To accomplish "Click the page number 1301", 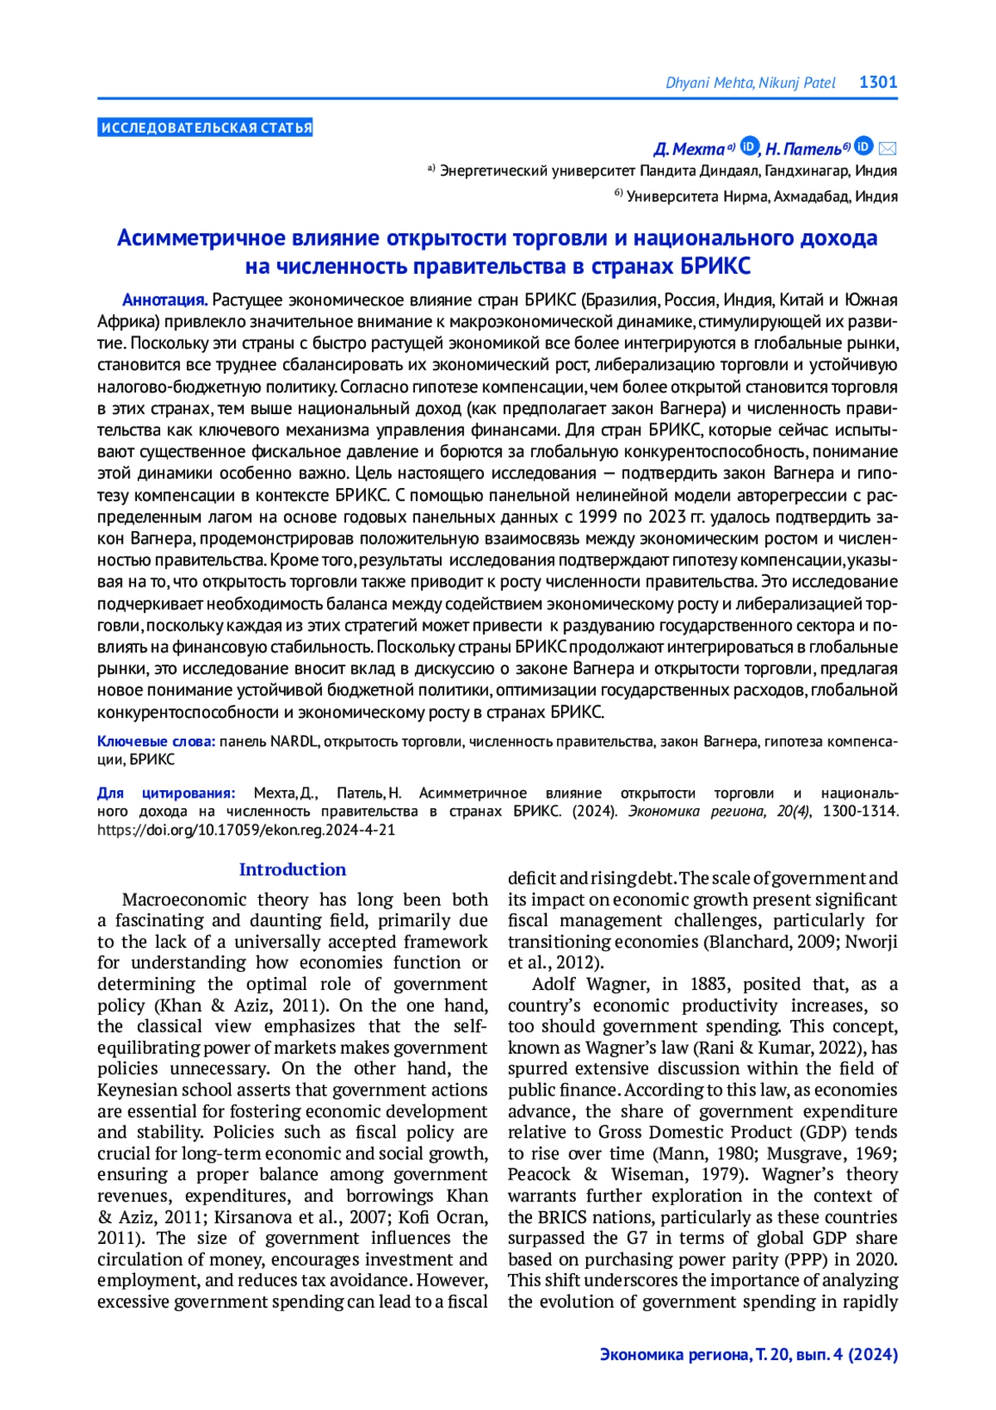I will click(x=878, y=81).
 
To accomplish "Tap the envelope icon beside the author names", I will click(x=887, y=149).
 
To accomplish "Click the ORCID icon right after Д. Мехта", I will click(x=749, y=147).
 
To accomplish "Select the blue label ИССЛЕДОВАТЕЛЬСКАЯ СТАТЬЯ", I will click(x=205, y=128).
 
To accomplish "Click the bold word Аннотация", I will click(x=164, y=300).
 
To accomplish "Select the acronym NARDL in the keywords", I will click(x=294, y=741).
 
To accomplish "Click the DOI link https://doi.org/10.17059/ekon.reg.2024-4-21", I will click(x=246, y=829).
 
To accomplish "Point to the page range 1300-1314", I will click(x=860, y=811).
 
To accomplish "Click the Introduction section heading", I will click(x=292, y=869).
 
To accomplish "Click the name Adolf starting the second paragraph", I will click(x=554, y=984).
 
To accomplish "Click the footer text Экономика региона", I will click(x=673, y=1354).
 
